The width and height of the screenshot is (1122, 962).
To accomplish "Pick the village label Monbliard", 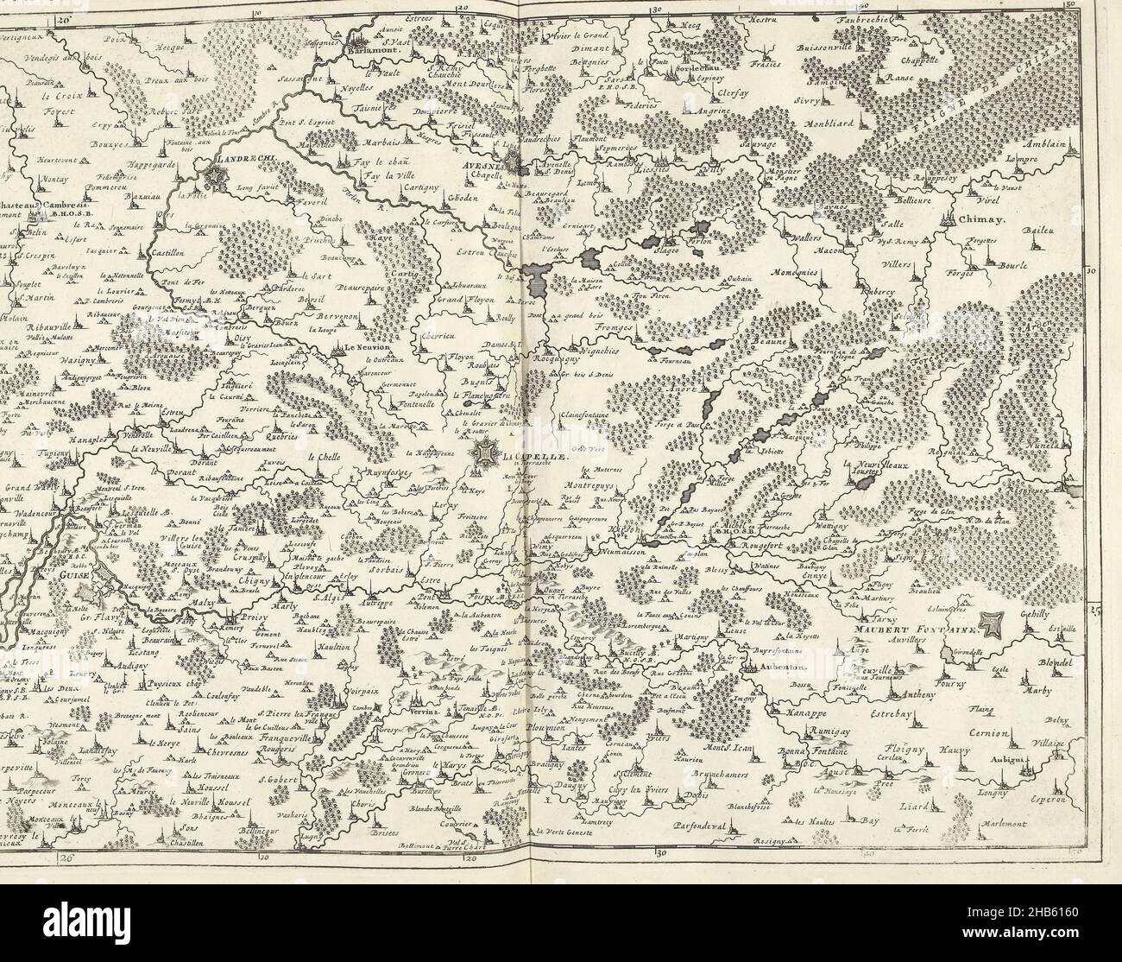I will click(x=830, y=123).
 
